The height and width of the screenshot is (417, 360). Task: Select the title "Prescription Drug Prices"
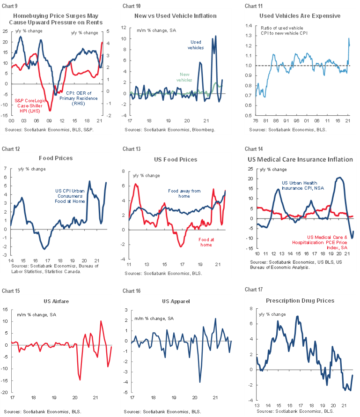pos(300,301)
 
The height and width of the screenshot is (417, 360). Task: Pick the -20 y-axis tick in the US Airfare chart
pos(5,392)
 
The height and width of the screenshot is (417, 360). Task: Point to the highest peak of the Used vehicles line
pos(216,36)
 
